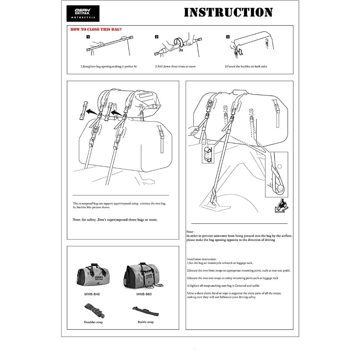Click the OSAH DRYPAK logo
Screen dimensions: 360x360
click(83, 13)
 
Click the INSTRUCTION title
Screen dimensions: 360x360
click(229, 13)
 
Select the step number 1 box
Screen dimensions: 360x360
click(88, 37)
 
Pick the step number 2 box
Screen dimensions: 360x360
click(157, 37)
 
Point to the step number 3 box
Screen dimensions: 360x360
click(228, 37)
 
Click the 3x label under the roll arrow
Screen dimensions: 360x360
click(181, 50)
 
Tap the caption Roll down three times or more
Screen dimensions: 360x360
click(175, 66)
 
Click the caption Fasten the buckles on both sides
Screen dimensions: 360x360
click(246, 66)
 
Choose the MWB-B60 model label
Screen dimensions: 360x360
click(144, 294)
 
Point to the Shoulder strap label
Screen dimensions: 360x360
click(93, 322)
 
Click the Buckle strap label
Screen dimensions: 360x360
click(146, 322)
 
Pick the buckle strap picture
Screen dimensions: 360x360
click(145, 311)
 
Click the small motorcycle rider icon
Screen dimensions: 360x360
click(281, 205)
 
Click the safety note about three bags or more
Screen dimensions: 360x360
click(115, 220)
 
